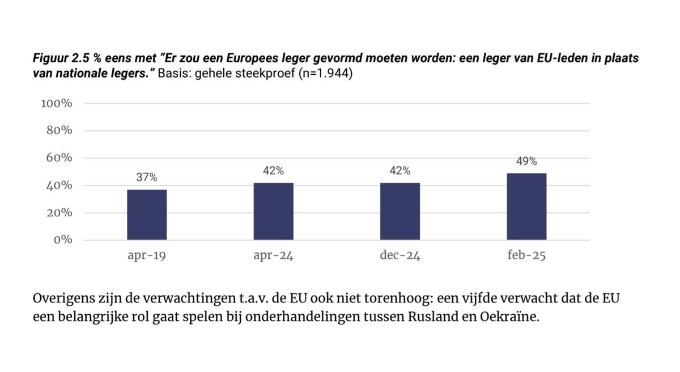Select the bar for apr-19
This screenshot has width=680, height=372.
(147, 215)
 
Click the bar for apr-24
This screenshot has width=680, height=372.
(273, 211)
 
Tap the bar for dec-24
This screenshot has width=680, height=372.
(400, 211)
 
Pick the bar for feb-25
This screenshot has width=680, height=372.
(526, 206)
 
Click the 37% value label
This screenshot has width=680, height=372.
(146, 177)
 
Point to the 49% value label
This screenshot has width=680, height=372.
(526, 161)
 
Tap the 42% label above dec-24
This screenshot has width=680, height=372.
(400, 170)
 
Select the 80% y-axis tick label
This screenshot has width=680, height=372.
(59, 131)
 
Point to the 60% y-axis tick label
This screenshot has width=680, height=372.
(59, 158)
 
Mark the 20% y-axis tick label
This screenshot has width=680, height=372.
(59, 213)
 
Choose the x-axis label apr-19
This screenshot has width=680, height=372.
(147, 256)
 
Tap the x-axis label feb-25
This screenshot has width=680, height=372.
(526, 256)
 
